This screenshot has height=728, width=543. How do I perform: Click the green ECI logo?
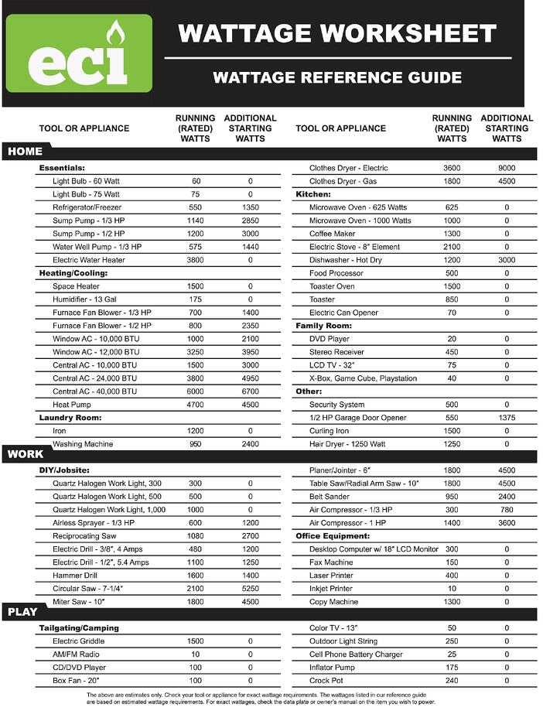coord(79,53)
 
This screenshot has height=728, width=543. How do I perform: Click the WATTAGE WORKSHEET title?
coord(337,33)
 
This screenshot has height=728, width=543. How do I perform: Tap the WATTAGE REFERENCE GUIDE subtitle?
coord(337,77)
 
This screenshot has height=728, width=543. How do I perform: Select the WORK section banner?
coord(26,454)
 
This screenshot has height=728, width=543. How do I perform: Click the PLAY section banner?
coord(23,612)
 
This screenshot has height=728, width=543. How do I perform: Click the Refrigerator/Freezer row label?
coord(87,207)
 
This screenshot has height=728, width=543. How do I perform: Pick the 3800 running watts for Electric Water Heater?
coord(195,260)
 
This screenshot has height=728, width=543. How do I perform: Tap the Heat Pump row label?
coord(73,405)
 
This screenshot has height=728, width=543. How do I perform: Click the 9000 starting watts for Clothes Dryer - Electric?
coord(507,168)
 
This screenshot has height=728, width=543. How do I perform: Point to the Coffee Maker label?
coord(333,234)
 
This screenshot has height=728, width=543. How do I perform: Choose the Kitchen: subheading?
coord(313,194)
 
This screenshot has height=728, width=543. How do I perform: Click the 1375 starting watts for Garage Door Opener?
coord(507,418)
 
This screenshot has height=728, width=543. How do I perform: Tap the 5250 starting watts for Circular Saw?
coord(250,589)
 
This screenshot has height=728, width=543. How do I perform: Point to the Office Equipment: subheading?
coord(333,536)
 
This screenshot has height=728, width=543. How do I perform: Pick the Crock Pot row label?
coord(326,681)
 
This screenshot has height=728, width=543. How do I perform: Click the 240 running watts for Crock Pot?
coord(452,681)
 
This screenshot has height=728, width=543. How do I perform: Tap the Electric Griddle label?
coord(78,641)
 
